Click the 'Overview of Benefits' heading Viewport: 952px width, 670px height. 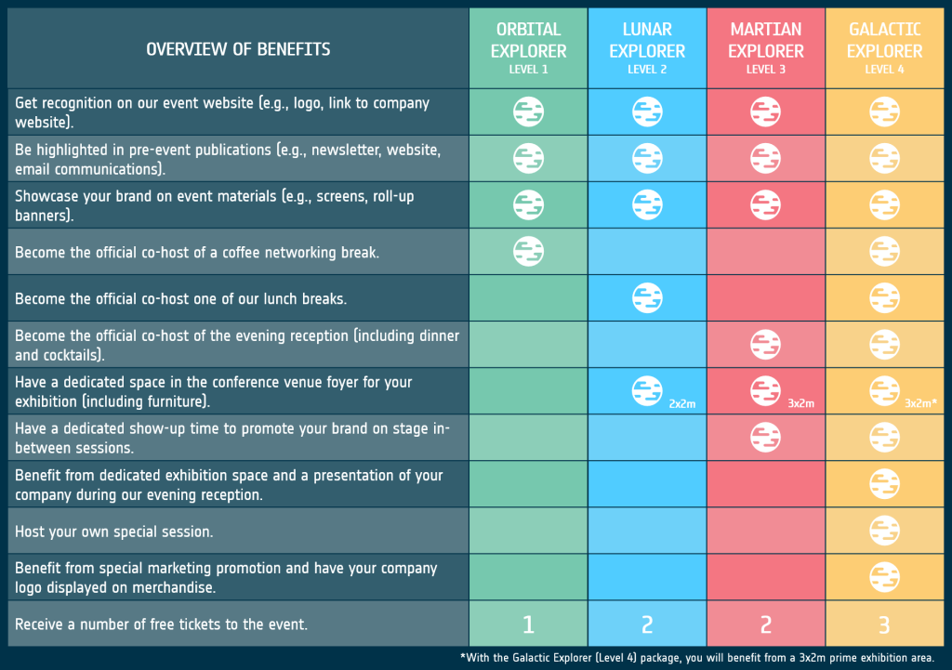coord(238,49)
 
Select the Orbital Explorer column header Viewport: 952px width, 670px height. coord(528,48)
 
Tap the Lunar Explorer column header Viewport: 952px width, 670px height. coord(647,48)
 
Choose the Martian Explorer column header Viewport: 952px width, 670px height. coord(766,48)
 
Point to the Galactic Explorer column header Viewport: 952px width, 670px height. coord(884,48)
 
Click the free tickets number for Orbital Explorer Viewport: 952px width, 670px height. coord(528,624)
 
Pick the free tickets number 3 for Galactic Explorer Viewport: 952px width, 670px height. coord(884,624)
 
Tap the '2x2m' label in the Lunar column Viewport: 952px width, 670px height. coord(681,403)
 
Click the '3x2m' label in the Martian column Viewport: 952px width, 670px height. coord(800,403)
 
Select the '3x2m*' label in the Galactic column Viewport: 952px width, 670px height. coord(920,403)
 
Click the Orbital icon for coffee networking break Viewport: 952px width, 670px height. coord(528,251)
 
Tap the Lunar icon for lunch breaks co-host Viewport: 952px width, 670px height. coord(647,298)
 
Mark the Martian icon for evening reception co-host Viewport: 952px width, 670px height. coord(766,345)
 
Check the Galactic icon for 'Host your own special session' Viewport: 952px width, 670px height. coord(884,531)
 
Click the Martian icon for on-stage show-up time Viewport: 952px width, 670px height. coord(766,438)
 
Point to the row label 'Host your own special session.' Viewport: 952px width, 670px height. coord(114,532)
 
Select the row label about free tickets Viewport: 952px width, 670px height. coord(161,624)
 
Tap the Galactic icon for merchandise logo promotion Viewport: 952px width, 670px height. coord(884,577)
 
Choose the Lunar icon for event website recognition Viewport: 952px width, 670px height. coord(647,112)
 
